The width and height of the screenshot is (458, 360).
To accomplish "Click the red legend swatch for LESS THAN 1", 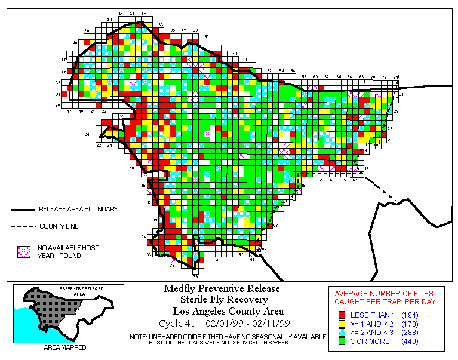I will coord(342,315).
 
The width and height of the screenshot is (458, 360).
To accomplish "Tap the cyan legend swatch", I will coord(342,333).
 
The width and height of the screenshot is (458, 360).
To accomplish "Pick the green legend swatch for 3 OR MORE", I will coord(342,341).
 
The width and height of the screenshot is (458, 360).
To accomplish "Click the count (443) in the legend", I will coord(409,341).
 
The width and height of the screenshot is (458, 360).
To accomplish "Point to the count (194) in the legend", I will coord(409,315).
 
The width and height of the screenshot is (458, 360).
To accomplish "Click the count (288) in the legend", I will coord(409,333).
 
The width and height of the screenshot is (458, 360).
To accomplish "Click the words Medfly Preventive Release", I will coord(222,289).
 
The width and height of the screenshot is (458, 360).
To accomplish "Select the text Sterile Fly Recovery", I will coord(222,300).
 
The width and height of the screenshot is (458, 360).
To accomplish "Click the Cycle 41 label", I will coord(177,324).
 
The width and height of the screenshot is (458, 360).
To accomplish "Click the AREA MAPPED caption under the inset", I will coord(64,347).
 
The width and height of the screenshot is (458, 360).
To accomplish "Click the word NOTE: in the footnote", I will coord(139,336).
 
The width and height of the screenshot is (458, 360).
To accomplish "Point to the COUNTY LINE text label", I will coord(59,227).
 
